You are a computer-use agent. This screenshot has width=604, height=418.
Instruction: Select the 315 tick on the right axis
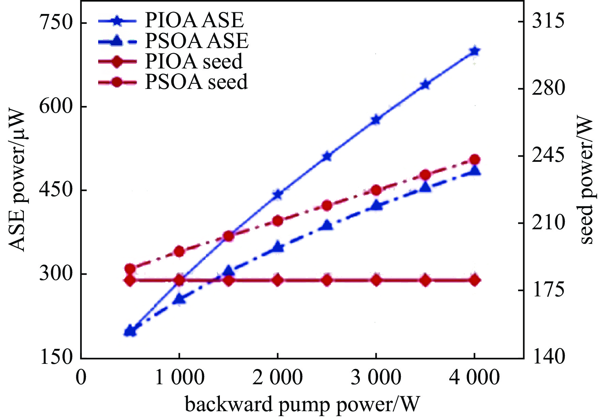548,21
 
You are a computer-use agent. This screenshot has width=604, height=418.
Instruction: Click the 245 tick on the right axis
548,156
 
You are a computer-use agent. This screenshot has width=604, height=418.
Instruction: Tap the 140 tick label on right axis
548,357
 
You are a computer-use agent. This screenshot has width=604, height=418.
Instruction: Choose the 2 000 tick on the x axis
277,377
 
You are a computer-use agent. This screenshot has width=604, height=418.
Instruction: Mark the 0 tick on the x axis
81,377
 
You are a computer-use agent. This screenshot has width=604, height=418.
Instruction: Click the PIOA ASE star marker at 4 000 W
474,51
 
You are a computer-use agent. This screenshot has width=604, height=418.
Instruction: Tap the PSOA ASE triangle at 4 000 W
474,170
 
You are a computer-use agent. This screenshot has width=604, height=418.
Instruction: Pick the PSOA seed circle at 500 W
130,269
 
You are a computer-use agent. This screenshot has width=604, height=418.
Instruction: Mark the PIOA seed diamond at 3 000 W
376,280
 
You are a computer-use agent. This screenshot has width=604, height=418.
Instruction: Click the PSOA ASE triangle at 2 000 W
278,247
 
